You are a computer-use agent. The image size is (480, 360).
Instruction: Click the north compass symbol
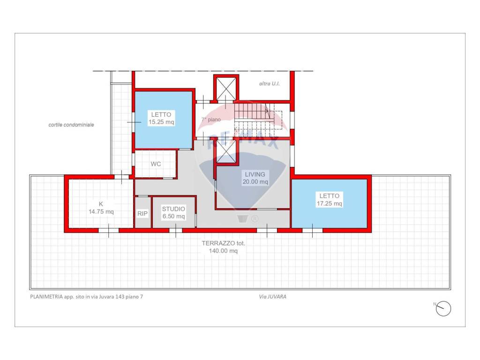click(x=443, y=308)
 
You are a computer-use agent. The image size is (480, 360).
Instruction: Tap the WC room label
click(x=156, y=164)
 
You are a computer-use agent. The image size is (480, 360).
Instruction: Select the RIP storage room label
click(x=142, y=213)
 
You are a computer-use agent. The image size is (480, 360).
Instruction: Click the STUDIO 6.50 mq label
click(x=173, y=212)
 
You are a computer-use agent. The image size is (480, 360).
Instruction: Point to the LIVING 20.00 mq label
click(x=255, y=178)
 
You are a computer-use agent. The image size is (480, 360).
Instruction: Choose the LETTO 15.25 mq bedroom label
click(x=161, y=118)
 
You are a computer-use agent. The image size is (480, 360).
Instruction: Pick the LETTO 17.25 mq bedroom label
click(x=330, y=200)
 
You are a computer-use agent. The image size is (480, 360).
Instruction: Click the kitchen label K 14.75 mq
click(x=101, y=208)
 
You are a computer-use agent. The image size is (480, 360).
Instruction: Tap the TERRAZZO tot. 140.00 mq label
click(x=224, y=247)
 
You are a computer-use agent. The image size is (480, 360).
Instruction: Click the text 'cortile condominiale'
click(x=71, y=125)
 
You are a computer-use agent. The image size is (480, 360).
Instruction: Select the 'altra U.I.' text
click(x=270, y=83)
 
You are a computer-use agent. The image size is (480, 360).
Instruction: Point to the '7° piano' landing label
click(x=211, y=120)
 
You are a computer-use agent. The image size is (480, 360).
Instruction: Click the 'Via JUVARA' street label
click(x=272, y=297)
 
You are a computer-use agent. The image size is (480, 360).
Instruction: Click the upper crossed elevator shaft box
click(x=226, y=89)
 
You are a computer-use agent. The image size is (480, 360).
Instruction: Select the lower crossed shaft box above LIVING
click(x=226, y=152)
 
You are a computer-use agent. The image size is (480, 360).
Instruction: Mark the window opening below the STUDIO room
click(x=176, y=231)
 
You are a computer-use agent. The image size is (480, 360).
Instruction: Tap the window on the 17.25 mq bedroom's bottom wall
click(x=312, y=231)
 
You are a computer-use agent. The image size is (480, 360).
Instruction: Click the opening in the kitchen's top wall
click(x=121, y=177)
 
